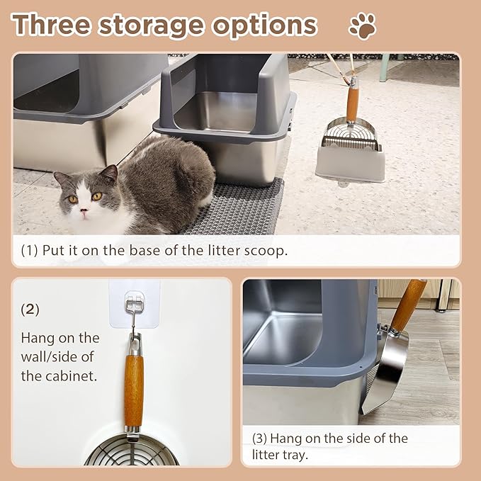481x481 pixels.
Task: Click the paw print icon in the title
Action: tap(363, 26)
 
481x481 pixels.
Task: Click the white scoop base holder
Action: tap(350, 164)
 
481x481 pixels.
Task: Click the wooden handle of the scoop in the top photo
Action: tap(352, 102)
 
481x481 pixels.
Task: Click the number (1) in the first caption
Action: tap(29, 251)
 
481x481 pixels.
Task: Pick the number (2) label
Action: tap(30, 310)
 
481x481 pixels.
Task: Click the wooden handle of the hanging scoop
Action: tap(133, 390)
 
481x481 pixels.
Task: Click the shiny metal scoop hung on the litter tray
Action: tap(386, 368)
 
